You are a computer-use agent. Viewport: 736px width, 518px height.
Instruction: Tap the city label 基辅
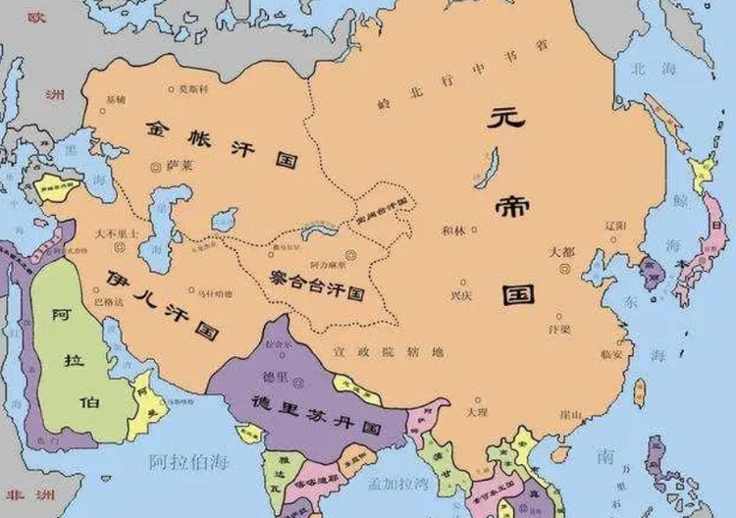point(117,100)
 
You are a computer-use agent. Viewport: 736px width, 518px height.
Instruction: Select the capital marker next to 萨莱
point(154,168)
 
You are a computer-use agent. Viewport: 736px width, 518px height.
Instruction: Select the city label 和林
point(454,230)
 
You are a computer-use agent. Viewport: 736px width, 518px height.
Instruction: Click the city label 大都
point(561,251)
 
